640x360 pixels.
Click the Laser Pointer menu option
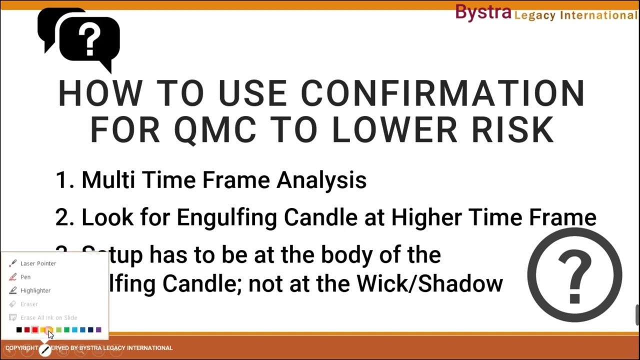point(38,263)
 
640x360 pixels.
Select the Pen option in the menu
point(25,277)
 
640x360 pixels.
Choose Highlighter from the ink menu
point(35,290)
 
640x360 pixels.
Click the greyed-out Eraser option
point(29,304)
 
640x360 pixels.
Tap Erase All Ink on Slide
point(48,317)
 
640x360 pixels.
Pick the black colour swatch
point(19,329)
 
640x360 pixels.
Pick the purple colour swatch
point(98,329)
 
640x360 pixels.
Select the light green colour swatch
point(59,329)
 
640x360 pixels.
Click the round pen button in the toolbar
point(45,350)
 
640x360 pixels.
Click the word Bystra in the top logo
point(483,13)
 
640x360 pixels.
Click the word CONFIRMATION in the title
point(442,93)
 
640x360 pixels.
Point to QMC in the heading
point(215,129)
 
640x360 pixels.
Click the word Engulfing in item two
point(228,217)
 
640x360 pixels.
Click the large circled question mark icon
point(574,275)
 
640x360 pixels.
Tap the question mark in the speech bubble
point(90,40)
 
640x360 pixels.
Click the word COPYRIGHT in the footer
point(21,348)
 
